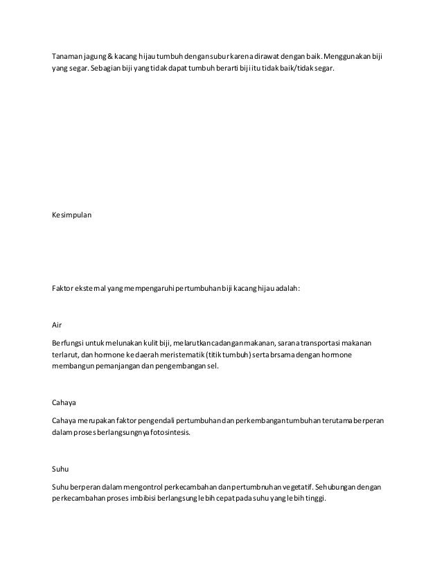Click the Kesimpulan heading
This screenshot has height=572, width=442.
click(71, 215)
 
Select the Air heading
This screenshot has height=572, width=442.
click(58, 324)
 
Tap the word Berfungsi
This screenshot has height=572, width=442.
click(70, 342)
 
